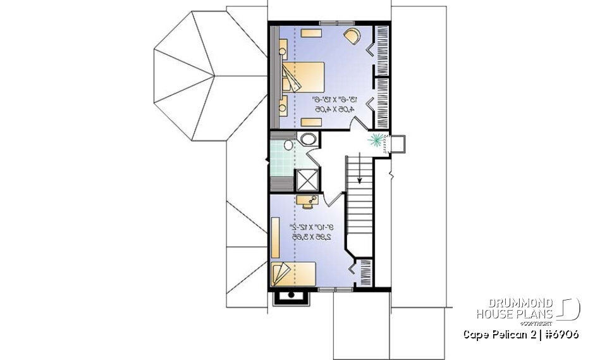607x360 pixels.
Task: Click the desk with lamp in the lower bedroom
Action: coord(309,201)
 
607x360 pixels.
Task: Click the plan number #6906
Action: coord(559,334)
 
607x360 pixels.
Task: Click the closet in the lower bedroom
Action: coord(364,274)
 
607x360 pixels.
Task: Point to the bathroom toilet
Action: coord(289,146)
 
